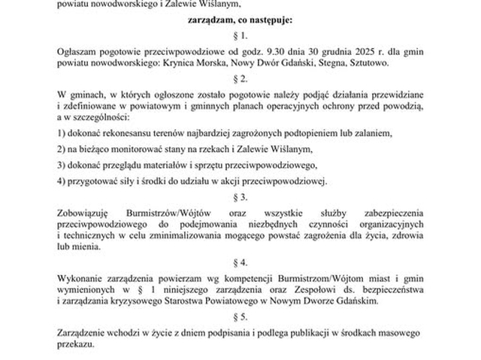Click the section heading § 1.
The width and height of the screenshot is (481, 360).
[x=240, y=35]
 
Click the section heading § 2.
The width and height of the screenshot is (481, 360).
[x=240, y=78]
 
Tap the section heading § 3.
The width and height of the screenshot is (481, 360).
[x=240, y=197]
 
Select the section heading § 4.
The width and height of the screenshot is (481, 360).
[x=240, y=262]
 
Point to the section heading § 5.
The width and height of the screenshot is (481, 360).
[x=240, y=316]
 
